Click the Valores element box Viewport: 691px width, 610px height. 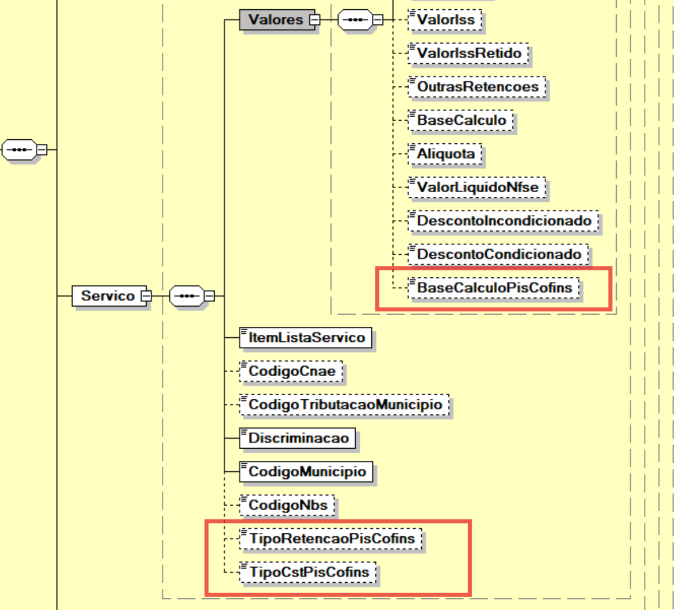coord(277,20)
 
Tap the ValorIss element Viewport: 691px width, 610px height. coord(444,20)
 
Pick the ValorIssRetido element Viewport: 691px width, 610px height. coord(468,53)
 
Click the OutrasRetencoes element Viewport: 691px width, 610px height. coord(477,87)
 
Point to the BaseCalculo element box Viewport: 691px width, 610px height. coord(461,120)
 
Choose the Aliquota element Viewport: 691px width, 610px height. coord(444,154)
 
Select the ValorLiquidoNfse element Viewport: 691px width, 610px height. coord(477,187)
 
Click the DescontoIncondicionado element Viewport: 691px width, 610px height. coord(503,221)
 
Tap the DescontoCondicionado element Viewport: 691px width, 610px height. coord(498,254)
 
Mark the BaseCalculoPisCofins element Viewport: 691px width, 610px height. coord(494,288)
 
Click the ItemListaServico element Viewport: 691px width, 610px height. coord(305,338)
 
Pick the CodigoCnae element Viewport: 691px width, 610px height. coord(291,371)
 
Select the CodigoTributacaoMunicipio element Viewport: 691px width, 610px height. coord(344,405)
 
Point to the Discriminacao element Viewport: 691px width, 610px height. coord(298,438)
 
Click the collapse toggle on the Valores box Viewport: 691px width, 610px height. coord(314,20)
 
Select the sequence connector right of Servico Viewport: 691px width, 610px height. coord(187,296)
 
